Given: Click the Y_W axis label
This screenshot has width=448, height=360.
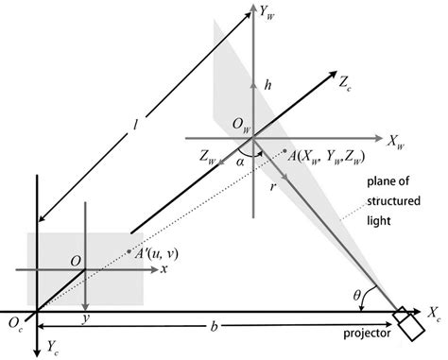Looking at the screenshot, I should click(x=267, y=14).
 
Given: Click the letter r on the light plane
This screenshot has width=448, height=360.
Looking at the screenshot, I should click(x=272, y=188).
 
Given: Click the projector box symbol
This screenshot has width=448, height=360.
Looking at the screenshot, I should click(x=409, y=323).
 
